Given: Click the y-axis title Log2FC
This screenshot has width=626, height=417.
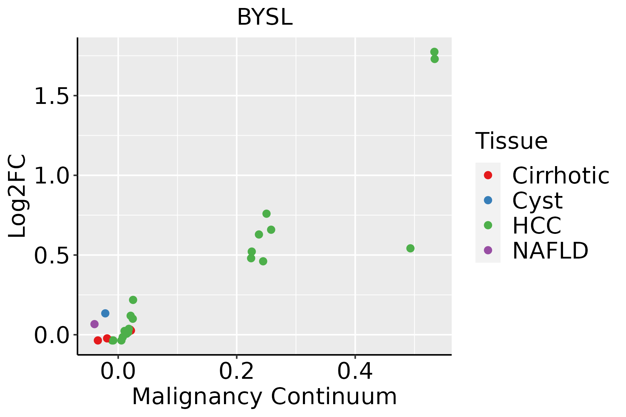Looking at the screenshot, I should (x=17, y=196).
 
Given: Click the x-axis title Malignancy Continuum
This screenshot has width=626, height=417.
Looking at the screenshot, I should (x=264, y=396).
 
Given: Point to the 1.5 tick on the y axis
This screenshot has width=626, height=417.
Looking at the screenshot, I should (x=51, y=96).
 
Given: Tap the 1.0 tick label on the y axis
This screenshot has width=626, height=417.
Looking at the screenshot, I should (x=51, y=175).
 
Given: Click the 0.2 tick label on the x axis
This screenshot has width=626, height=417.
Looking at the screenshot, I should (x=236, y=371).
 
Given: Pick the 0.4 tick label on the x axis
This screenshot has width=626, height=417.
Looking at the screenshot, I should (x=355, y=371).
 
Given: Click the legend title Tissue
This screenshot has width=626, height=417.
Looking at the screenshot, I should (x=511, y=141).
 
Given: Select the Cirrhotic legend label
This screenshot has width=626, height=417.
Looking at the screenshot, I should (x=561, y=175).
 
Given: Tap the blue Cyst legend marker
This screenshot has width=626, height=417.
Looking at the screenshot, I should (x=488, y=200).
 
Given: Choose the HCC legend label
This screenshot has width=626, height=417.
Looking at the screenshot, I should (x=537, y=225).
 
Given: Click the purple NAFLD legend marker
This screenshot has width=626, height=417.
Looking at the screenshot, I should (x=488, y=250).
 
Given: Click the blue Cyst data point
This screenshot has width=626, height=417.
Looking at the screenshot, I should (x=105, y=313).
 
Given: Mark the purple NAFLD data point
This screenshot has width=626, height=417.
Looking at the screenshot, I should (x=94, y=324).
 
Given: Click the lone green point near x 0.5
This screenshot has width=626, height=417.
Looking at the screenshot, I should (x=410, y=248).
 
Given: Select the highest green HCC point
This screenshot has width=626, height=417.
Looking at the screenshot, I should (x=434, y=52).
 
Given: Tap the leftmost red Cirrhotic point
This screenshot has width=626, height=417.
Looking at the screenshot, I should (x=98, y=340).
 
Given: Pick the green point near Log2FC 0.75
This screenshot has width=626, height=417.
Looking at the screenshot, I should (x=266, y=214).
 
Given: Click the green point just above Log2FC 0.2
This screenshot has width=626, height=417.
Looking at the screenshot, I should (x=133, y=300).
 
